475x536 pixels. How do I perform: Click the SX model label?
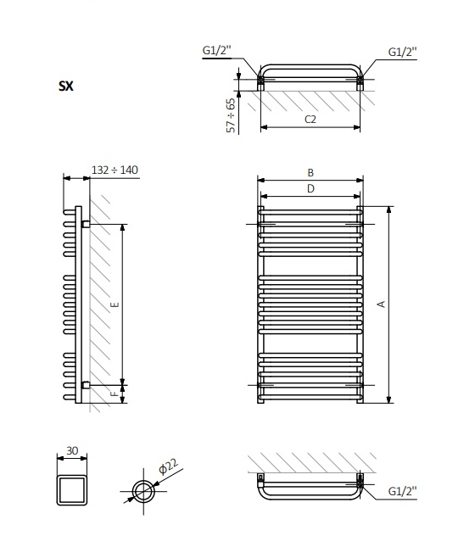tap(66, 86)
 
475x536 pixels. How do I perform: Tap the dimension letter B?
tap(310, 172)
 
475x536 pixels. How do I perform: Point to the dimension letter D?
tap(310, 188)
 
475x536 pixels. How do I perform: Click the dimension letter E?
tap(115, 304)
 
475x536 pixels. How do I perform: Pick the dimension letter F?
tap(115, 392)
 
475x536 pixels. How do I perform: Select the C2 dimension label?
tap(310, 120)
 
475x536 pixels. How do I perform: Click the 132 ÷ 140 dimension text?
tap(115, 170)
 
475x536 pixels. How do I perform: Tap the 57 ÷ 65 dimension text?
tap(231, 114)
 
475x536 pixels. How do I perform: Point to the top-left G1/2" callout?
tap(215, 52)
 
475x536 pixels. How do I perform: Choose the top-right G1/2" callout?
tap(402, 52)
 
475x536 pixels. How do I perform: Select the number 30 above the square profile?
tap(72, 450)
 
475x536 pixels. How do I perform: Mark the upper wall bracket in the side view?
tap(86, 224)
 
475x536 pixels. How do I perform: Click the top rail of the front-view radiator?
tap(310, 213)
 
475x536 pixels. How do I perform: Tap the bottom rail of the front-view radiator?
tap(310, 396)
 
